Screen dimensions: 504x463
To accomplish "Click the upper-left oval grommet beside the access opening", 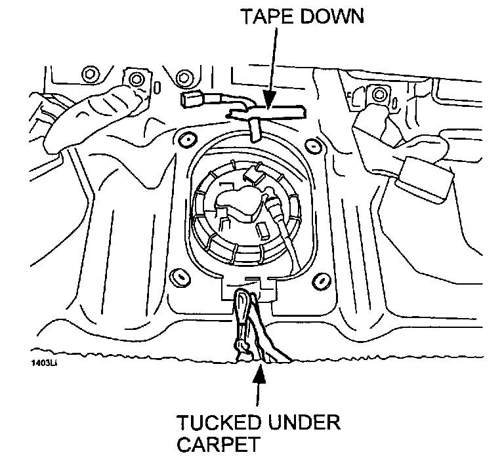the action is (x=184, y=139).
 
